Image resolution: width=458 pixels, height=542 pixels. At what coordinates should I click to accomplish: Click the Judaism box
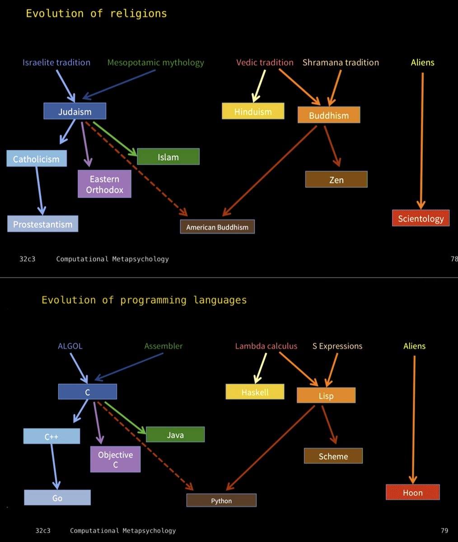(75, 112)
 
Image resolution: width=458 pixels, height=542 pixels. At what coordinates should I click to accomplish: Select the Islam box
(168, 157)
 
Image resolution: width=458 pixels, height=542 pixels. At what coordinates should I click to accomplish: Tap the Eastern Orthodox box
(104, 184)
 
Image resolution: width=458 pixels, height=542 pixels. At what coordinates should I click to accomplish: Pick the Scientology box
(421, 219)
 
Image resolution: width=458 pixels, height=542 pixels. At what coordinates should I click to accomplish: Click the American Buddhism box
(217, 227)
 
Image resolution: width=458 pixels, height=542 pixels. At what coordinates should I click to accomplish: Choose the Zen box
(336, 180)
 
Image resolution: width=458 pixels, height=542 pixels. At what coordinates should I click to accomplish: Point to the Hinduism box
(253, 112)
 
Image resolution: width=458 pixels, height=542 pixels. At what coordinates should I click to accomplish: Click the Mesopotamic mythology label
(156, 62)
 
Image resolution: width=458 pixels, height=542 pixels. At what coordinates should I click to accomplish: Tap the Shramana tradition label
(341, 62)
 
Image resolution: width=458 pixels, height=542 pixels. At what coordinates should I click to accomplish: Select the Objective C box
(115, 459)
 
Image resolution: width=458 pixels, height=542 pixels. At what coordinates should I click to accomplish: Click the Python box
(221, 500)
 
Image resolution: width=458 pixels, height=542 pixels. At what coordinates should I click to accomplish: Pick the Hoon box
(412, 492)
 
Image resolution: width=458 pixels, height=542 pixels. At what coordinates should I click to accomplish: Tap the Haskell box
(255, 392)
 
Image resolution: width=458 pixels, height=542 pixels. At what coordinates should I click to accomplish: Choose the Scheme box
(333, 456)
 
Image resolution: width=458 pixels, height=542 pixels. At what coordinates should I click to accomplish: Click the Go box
(57, 498)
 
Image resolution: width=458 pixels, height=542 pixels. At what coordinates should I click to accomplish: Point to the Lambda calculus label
(266, 346)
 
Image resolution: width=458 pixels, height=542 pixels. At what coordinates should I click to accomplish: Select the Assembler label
(164, 346)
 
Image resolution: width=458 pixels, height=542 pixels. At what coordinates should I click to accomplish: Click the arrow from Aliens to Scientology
(422, 140)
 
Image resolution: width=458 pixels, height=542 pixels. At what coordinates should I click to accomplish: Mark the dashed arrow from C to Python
(145, 445)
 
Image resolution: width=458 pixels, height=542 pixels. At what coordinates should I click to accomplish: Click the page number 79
(444, 531)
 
